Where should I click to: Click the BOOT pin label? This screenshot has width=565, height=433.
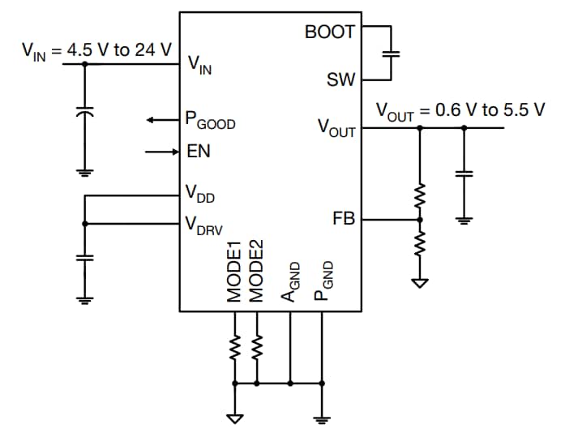(x=329, y=32)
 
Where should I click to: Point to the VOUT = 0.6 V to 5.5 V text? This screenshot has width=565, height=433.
(x=460, y=110)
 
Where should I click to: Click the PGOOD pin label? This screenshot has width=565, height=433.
(x=210, y=122)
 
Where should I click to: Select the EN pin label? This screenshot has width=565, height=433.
(x=199, y=152)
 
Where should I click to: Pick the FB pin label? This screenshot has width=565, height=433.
(x=344, y=219)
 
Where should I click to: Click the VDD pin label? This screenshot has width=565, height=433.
(x=200, y=194)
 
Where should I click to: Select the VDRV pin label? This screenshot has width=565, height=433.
(x=203, y=224)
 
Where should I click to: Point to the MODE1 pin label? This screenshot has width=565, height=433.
(x=235, y=272)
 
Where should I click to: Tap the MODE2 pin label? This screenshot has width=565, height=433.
(x=257, y=272)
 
